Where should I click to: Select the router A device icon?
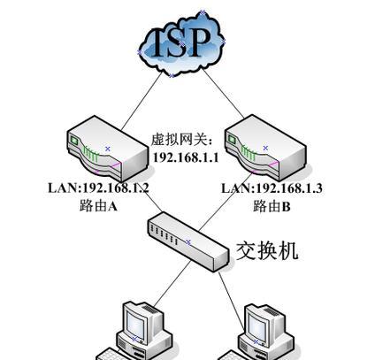(108, 149)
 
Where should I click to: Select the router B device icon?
(265, 148)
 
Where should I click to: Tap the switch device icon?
(188, 241)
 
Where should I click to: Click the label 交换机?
(267, 251)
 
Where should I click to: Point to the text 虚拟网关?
(182, 140)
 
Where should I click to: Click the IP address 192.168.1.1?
(186, 157)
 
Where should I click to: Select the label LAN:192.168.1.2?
(98, 188)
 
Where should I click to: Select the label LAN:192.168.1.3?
(272, 188)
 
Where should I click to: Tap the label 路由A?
(98, 205)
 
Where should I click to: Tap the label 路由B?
(272, 205)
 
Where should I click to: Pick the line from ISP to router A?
(142, 100)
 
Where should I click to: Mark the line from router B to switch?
(226, 202)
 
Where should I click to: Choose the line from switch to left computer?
(172, 284)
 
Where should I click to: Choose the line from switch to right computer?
(232, 301)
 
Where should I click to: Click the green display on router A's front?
(73, 141)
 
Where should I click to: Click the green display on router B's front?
(232, 139)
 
